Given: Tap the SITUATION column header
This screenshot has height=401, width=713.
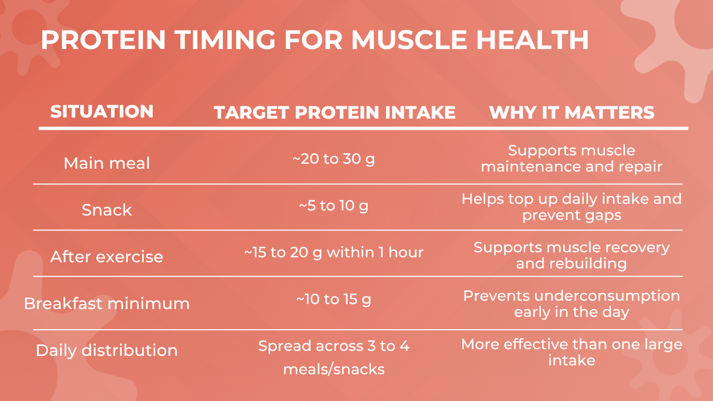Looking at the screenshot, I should click(x=102, y=112).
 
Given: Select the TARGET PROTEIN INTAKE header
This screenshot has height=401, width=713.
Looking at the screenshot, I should click(x=335, y=113).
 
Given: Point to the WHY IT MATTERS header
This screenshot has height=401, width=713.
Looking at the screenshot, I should click(x=572, y=113).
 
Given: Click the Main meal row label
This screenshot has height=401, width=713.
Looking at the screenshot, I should click(x=106, y=163).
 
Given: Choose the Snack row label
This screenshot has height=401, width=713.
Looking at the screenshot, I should click(x=106, y=210).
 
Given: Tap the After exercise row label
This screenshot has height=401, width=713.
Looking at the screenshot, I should click(x=106, y=257).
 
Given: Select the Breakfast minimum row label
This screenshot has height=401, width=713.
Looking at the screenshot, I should click(x=106, y=304).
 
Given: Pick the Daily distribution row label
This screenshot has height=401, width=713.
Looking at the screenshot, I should click(x=106, y=350).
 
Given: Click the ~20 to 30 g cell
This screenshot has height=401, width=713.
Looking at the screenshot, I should click(x=334, y=159).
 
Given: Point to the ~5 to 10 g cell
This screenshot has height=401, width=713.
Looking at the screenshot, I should click(x=334, y=206).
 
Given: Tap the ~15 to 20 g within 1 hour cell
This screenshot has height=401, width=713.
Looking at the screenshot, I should click(x=334, y=252).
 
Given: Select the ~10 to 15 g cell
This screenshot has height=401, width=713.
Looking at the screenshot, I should click(x=334, y=300).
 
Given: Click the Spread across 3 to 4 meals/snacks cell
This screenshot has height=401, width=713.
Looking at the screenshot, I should click(x=334, y=357).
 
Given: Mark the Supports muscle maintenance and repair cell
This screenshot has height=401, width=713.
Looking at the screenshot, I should click(x=572, y=158).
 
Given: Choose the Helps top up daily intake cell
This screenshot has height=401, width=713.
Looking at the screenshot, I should click(x=572, y=207).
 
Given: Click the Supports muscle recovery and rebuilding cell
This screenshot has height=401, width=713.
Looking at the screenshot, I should click(x=572, y=255).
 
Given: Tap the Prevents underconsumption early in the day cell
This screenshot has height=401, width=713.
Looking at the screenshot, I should click(x=572, y=304).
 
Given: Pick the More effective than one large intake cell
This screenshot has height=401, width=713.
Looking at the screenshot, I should click(x=572, y=352).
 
